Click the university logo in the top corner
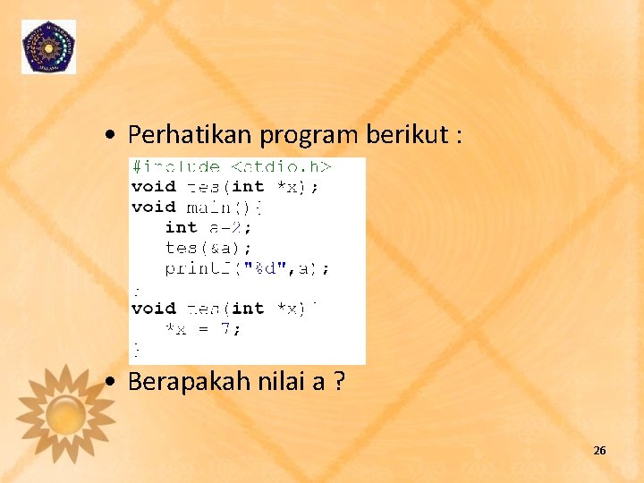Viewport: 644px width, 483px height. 48,46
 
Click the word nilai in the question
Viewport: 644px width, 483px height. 276,382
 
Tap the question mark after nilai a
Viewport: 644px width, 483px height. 341,382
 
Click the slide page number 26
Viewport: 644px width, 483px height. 599,451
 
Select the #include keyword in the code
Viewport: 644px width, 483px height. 176,166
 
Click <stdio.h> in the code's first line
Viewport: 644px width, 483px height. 281,166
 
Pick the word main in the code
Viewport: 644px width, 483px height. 209,207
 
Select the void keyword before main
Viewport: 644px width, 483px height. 154,207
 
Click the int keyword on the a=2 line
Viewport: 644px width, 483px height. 181,227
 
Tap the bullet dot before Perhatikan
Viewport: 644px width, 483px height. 108,137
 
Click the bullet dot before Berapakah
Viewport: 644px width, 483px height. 108,383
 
